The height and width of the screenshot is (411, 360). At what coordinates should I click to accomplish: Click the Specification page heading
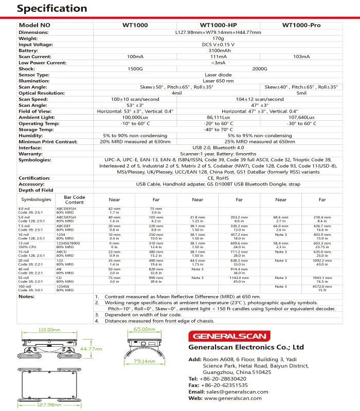(45, 9)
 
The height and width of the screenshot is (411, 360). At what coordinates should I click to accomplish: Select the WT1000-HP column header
(218, 25)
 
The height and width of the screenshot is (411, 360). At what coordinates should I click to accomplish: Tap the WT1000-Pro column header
(301, 25)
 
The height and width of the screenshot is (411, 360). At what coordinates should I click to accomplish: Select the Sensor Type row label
(34, 74)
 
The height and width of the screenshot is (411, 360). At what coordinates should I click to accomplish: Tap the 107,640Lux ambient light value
(301, 117)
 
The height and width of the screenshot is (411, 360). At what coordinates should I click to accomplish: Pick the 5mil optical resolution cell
(301, 93)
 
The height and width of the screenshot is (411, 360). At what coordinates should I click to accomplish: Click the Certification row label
(34, 178)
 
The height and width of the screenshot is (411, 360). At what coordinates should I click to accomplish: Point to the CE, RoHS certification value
(218, 178)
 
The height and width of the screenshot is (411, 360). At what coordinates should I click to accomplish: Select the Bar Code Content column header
(75, 199)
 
